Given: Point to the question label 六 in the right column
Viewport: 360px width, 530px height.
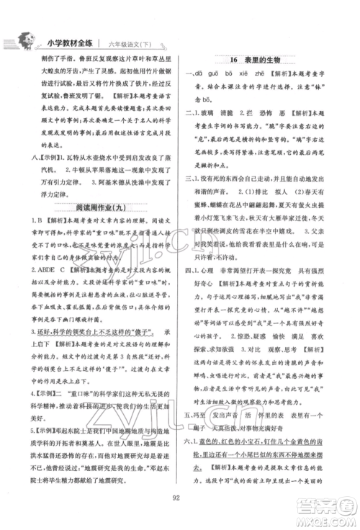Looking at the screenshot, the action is tap(189, 440).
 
